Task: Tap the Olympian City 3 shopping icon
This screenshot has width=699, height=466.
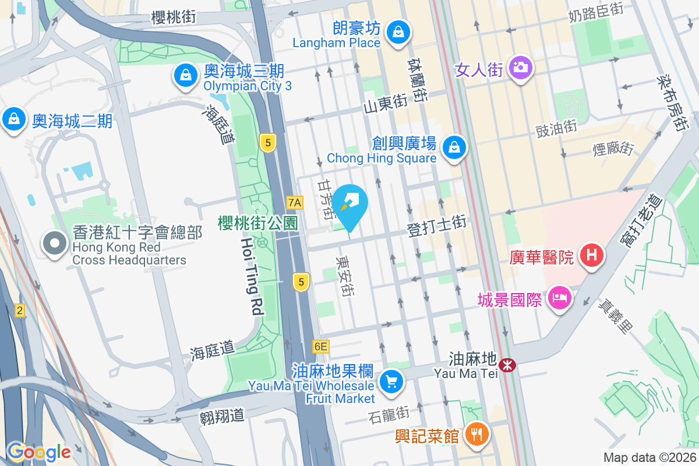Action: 185,75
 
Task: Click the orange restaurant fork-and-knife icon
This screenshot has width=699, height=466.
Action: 477,433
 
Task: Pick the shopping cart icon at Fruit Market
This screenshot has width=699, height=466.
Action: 390,382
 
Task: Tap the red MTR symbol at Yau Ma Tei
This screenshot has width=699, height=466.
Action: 509,365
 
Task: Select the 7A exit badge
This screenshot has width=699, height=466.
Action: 295,203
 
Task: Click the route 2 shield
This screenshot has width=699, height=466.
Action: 20,310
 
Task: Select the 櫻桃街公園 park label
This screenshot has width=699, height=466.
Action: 257,223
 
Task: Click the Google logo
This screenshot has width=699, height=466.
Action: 38,451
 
